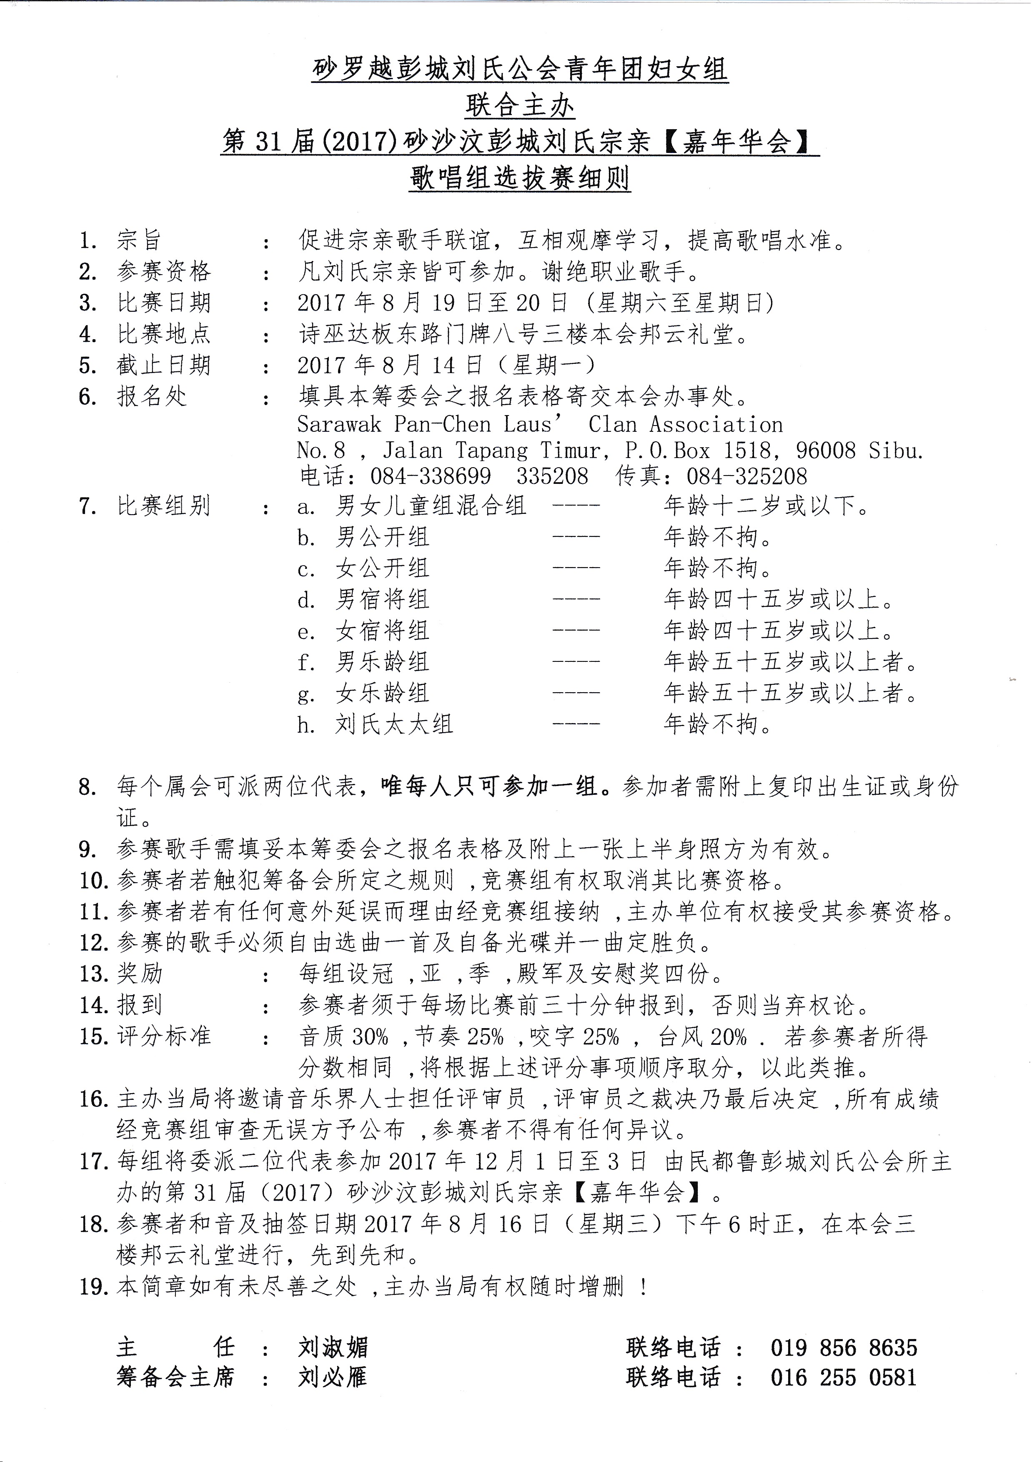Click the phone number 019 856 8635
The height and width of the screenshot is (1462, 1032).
[844, 1348]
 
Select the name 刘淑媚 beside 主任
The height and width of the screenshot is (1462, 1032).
[333, 1348]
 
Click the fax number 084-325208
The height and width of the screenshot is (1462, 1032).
[746, 477]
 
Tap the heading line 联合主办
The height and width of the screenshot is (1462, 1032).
[519, 106]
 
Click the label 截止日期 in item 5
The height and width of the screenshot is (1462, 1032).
[164, 365]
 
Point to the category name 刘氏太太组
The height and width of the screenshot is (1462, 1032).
[394, 725]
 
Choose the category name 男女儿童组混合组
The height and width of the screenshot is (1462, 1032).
[431, 506]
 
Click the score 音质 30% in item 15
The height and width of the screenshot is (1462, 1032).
[344, 1037]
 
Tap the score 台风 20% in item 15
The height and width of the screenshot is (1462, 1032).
[702, 1037]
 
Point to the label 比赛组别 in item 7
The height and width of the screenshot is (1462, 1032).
[164, 506]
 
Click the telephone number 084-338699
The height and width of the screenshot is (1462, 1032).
[431, 477]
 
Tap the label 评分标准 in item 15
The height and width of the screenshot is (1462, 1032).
[164, 1037]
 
